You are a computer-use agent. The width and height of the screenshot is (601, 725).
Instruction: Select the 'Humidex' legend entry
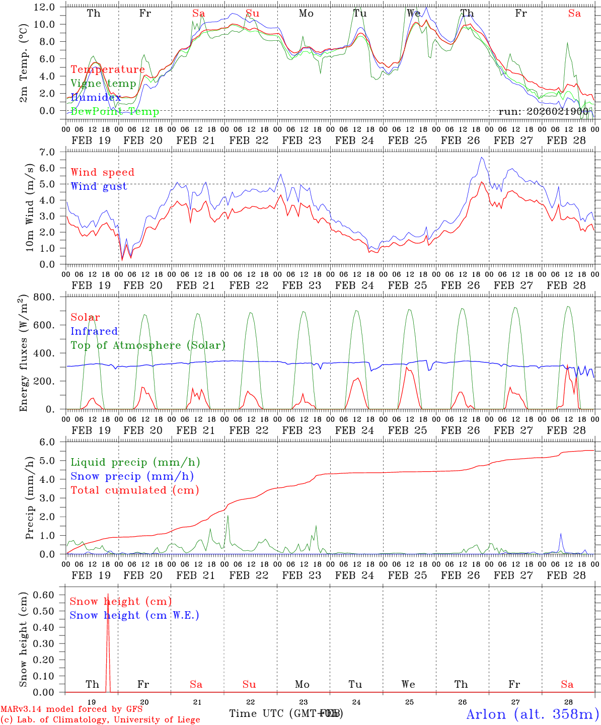click(x=96, y=98)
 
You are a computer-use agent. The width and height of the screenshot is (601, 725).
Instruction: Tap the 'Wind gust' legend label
click(x=99, y=187)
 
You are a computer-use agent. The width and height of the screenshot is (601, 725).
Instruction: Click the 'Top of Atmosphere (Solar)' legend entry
click(x=147, y=345)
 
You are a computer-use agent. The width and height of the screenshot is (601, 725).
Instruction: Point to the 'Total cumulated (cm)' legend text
click(x=134, y=490)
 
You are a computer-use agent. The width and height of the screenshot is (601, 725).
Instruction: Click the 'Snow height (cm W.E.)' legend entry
click(x=134, y=615)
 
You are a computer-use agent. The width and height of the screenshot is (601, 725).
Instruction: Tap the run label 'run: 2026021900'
click(x=543, y=111)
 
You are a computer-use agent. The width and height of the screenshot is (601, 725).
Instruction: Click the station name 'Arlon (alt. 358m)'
click(x=533, y=714)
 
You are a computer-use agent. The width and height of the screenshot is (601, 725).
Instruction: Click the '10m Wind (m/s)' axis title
click(x=30, y=207)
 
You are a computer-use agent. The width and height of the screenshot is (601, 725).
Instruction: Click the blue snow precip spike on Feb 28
click(x=561, y=535)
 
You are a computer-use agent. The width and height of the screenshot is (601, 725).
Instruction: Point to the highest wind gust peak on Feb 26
click(x=482, y=158)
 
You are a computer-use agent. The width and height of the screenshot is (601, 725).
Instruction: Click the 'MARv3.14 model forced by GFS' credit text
click(x=71, y=709)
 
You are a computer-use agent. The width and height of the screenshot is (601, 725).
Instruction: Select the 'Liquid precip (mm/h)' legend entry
click(x=135, y=462)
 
